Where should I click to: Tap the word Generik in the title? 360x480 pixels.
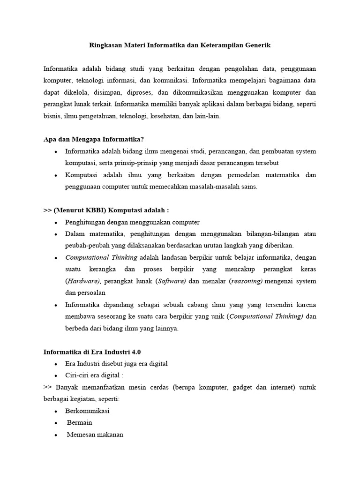(257, 45)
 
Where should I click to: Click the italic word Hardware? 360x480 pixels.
(83, 281)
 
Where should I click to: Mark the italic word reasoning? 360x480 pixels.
(247, 281)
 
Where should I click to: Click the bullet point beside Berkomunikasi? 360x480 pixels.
(56, 411)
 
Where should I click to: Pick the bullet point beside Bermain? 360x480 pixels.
(56, 423)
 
